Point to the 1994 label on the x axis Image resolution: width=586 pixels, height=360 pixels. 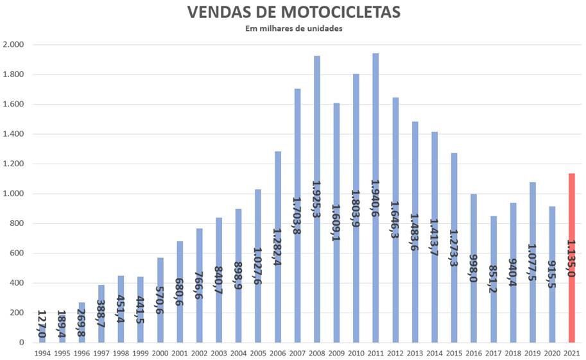coord(42,353)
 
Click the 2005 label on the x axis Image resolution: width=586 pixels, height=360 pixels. coord(258,353)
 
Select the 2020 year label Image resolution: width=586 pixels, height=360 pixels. coord(552,353)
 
